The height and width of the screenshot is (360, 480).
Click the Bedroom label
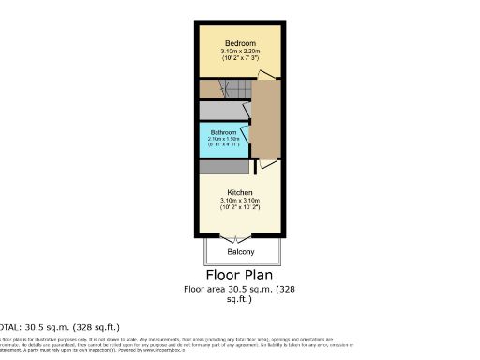coord(239,43)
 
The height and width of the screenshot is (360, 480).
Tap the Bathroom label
coord(223,132)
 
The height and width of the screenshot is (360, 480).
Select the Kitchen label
coord(239,192)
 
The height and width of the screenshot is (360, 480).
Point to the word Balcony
coord(243,252)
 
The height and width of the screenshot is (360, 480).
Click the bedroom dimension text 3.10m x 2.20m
coord(239,51)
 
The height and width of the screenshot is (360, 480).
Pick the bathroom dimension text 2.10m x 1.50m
coord(223,140)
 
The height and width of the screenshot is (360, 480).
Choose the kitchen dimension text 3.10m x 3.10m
coord(239,201)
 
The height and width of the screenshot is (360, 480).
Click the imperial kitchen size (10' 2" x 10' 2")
coord(239,207)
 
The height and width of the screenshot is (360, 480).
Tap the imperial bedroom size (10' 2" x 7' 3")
coord(239,58)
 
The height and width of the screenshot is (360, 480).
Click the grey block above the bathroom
coord(225,108)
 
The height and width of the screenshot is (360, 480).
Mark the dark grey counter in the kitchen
coord(223,167)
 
